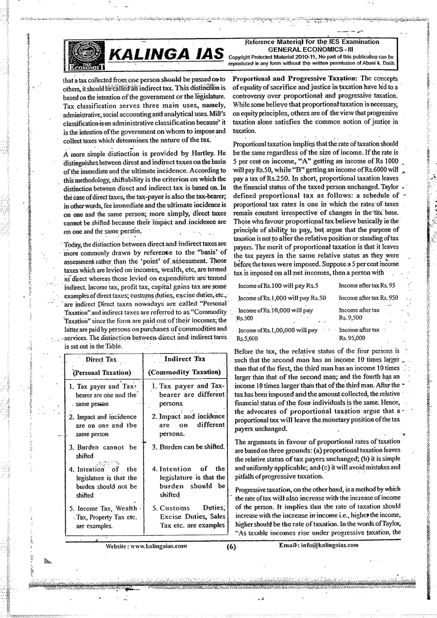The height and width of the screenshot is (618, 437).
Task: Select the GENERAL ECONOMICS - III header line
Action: pyautogui.click(x=312, y=49)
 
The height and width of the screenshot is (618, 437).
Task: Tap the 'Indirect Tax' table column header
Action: pyautogui.click(x=185, y=359)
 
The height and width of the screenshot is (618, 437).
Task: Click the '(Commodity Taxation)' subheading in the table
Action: pyautogui.click(x=184, y=372)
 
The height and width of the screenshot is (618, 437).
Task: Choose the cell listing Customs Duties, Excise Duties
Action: pyautogui.click(x=188, y=517)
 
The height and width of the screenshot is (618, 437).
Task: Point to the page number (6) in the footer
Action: pyautogui.click(x=231, y=546)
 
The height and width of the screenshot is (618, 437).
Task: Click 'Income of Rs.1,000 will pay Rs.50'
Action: pyautogui.click(x=282, y=298)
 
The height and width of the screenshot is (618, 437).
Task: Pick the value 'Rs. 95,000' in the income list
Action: pyautogui.click(x=352, y=338)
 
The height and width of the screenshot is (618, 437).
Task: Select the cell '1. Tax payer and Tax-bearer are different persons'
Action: pyautogui.click(x=188, y=394)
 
